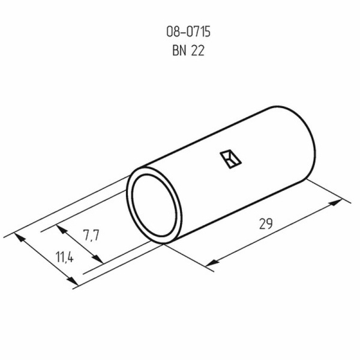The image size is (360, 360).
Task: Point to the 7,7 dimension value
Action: click(x=91, y=235)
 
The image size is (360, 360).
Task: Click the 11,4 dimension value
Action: click(x=64, y=258)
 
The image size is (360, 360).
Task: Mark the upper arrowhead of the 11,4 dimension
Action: click(x=23, y=238)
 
